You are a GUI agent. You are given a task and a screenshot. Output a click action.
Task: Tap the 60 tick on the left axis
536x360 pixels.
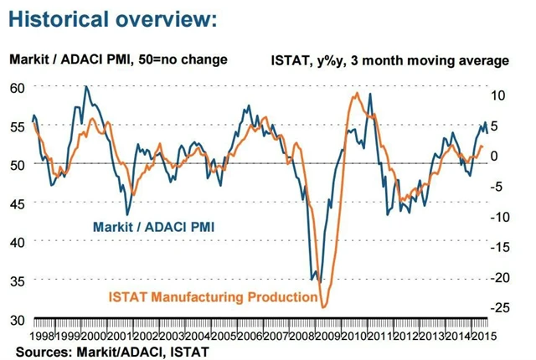[16, 87]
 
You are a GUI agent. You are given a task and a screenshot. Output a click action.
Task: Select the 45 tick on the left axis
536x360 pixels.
[16, 203]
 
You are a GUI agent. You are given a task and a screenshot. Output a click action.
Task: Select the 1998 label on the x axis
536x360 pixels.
[44, 335]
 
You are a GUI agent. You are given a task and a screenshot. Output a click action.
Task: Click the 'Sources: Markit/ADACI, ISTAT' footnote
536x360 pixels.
[111, 351]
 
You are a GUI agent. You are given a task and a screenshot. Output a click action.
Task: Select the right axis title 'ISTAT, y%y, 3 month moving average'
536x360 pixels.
[390, 60]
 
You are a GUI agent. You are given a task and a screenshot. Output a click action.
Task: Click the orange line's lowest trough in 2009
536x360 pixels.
[323, 308]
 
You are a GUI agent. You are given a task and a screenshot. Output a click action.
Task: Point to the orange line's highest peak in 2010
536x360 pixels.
[358, 93]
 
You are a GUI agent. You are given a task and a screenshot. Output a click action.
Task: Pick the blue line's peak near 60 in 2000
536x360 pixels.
[86, 86]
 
